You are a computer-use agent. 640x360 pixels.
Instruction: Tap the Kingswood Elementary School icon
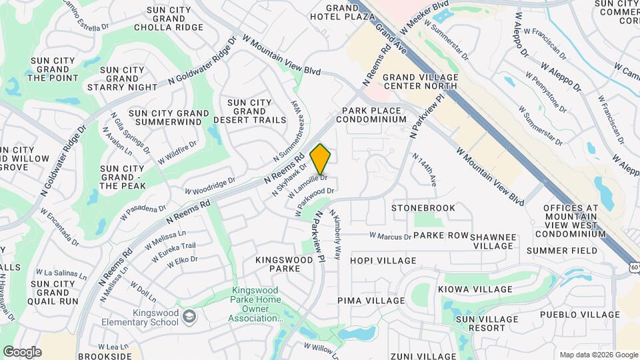[x=190, y=315]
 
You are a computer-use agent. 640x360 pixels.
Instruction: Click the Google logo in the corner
[x=22, y=352]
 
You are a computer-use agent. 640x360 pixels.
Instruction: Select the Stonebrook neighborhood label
[x=423, y=208]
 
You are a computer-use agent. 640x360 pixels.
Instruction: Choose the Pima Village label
[x=377, y=301]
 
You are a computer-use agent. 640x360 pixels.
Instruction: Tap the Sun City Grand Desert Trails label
[x=249, y=111]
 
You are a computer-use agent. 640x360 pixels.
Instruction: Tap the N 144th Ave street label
[x=424, y=169]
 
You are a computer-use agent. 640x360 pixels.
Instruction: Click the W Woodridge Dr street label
[x=209, y=185]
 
